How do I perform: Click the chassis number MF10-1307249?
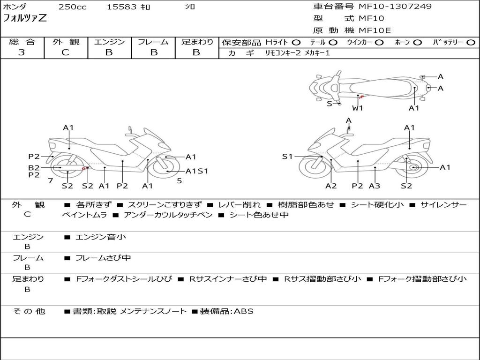pyautogui.click(x=395, y=7)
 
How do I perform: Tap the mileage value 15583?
pyautogui.click(x=122, y=7)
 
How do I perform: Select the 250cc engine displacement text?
pyautogui.click(x=72, y=7)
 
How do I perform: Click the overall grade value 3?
pyautogui.click(x=22, y=52)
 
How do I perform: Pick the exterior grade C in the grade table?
pyautogui.click(x=65, y=52)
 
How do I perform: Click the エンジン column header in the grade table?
pyautogui.click(x=109, y=42)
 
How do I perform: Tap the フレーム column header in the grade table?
pyautogui.click(x=153, y=42)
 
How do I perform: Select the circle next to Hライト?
pyautogui.click(x=296, y=43)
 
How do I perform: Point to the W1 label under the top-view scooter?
pyautogui.click(x=358, y=108)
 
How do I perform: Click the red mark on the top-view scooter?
pyautogui.click(x=360, y=97)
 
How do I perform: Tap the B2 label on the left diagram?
pyautogui.click(x=34, y=167)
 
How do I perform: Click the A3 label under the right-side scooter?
pyautogui.click(x=374, y=186)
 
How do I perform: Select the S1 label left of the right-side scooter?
pyautogui.click(x=287, y=157)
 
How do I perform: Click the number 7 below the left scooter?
pyautogui.click(x=50, y=180)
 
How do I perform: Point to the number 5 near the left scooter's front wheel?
pyautogui.click(x=179, y=180)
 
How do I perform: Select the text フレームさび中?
pyautogui.click(x=104, y=258)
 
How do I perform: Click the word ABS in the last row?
pyautogui.click(x=243, y=311)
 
